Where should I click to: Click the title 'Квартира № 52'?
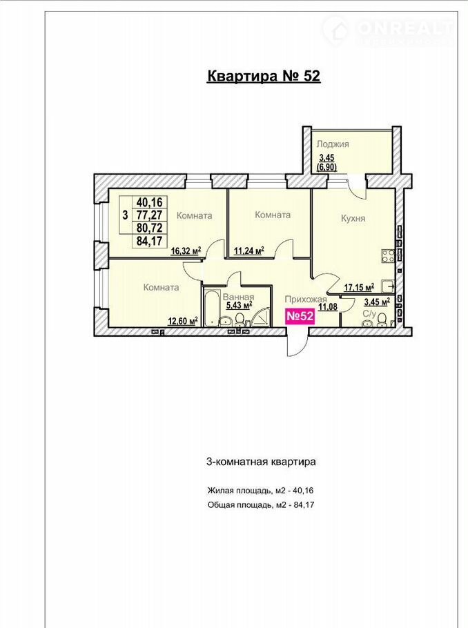264,76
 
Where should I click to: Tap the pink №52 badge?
300,316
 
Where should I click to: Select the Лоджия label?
333,144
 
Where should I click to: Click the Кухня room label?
353,218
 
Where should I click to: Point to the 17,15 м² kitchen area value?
359,287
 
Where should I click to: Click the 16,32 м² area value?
186,251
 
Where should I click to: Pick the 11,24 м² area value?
248,251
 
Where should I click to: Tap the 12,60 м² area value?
183,321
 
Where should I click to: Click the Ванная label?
238,297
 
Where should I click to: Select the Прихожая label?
306,300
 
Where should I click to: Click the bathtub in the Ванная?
211,307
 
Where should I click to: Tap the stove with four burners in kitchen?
387,255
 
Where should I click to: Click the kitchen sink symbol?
387,286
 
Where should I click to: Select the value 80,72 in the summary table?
150,228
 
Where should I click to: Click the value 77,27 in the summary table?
150,215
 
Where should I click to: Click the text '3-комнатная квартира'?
261,462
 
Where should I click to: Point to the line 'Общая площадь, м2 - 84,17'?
261,504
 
